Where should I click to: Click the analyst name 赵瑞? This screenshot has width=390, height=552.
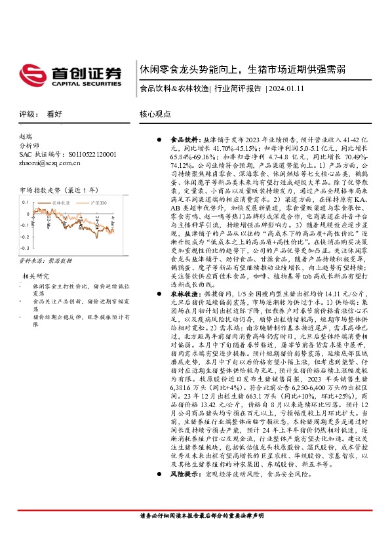coord(25,136)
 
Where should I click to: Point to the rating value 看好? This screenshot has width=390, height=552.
coord(54,113)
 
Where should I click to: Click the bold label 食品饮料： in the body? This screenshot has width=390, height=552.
coord(185,140)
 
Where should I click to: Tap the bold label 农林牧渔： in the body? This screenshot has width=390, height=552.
coord(185,295)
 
